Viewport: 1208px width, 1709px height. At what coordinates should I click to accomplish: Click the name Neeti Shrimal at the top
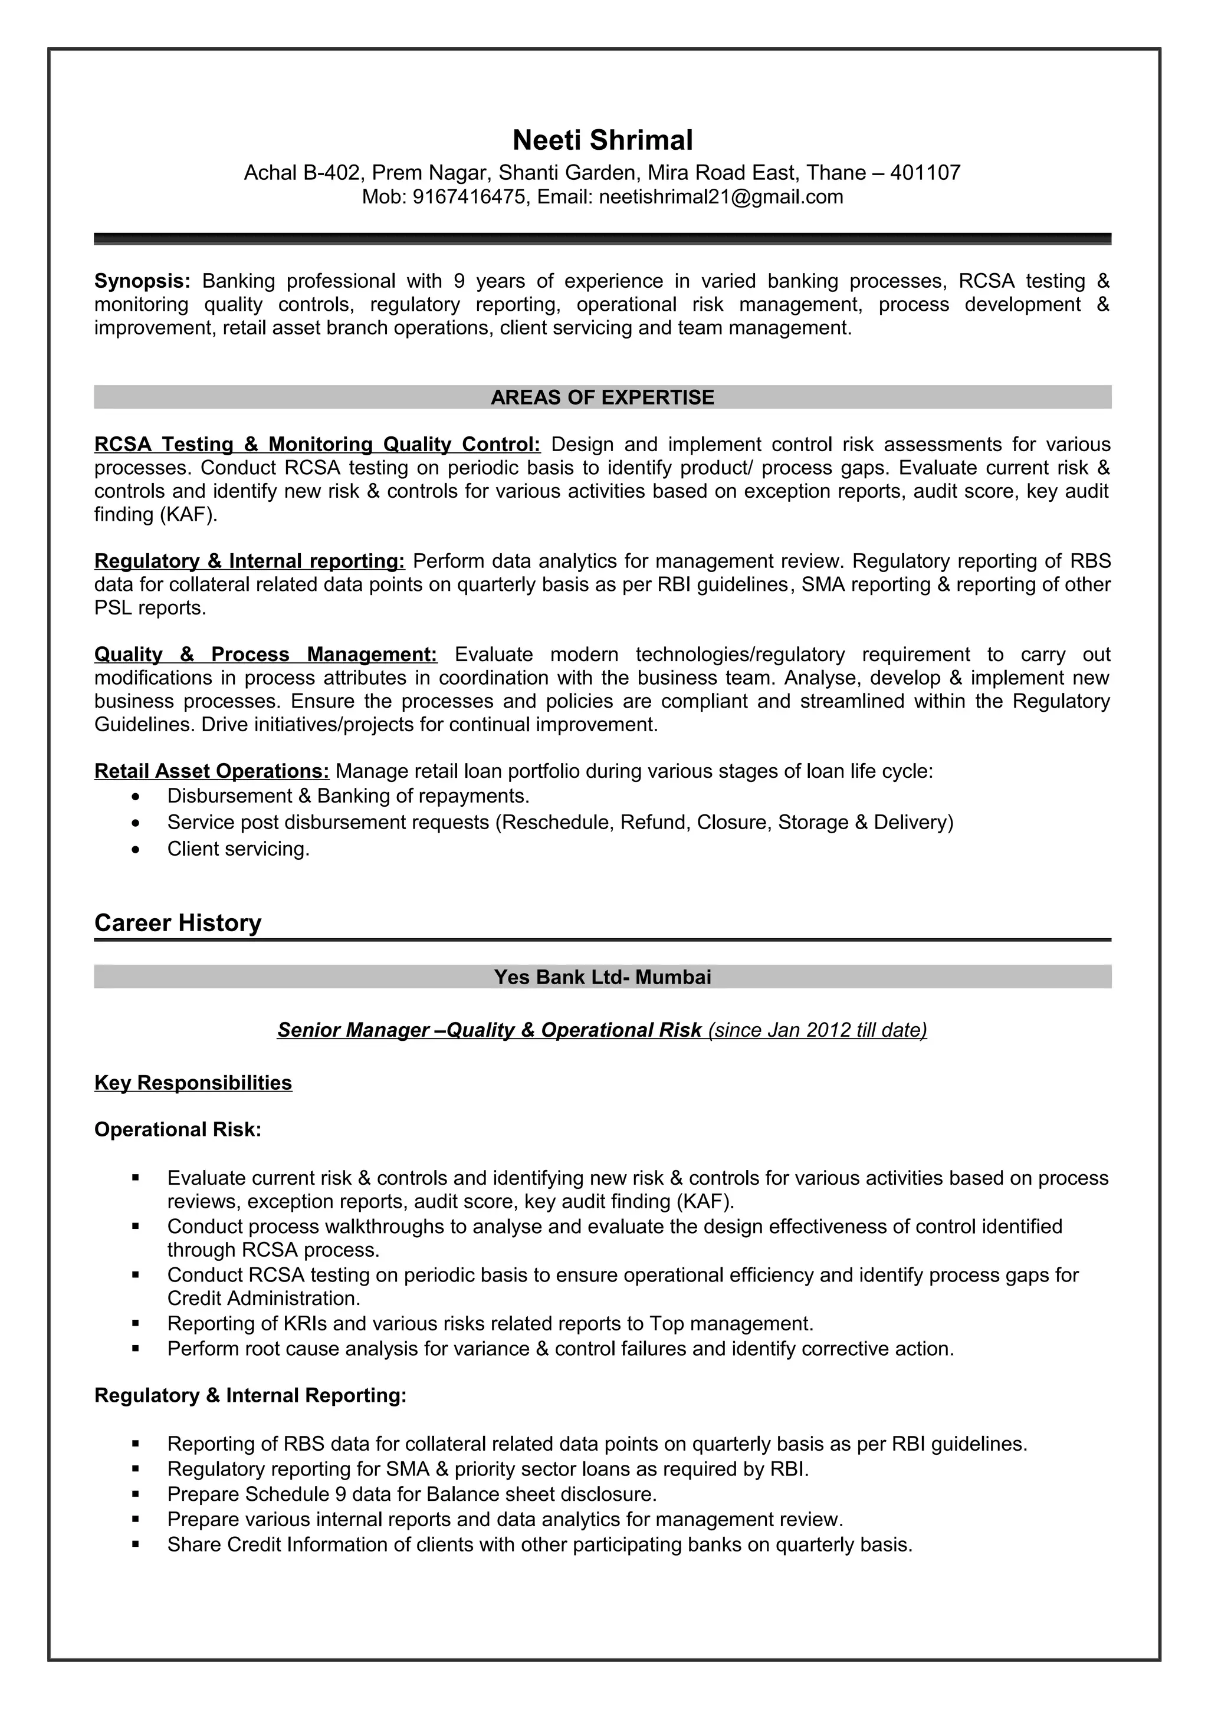click(602, 140)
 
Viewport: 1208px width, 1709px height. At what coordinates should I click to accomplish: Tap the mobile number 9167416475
click(469, 197)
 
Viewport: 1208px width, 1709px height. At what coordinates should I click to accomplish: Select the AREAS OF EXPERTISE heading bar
click(602, 397)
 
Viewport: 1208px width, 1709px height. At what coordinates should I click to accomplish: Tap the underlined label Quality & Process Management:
click(265, 654)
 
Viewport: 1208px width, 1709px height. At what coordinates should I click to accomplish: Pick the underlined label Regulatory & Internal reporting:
click(250, 561)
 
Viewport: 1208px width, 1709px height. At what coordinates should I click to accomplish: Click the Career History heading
click(178, 923)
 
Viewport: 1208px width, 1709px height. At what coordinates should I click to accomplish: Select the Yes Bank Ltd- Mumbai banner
click(602, 977)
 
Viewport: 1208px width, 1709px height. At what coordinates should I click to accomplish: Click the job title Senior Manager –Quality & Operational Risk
click(489, 1030)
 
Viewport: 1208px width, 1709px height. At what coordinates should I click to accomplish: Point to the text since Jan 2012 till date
click(818, 1030)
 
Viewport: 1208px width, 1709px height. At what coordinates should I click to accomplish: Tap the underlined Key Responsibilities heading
click(193, 1083)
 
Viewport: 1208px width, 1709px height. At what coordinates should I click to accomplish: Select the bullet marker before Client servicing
click(134, 849)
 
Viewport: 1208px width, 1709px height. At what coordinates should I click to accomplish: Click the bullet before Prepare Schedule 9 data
click(136, 1494)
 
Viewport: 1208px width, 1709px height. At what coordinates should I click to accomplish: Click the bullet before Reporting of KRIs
click(136, 1323)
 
